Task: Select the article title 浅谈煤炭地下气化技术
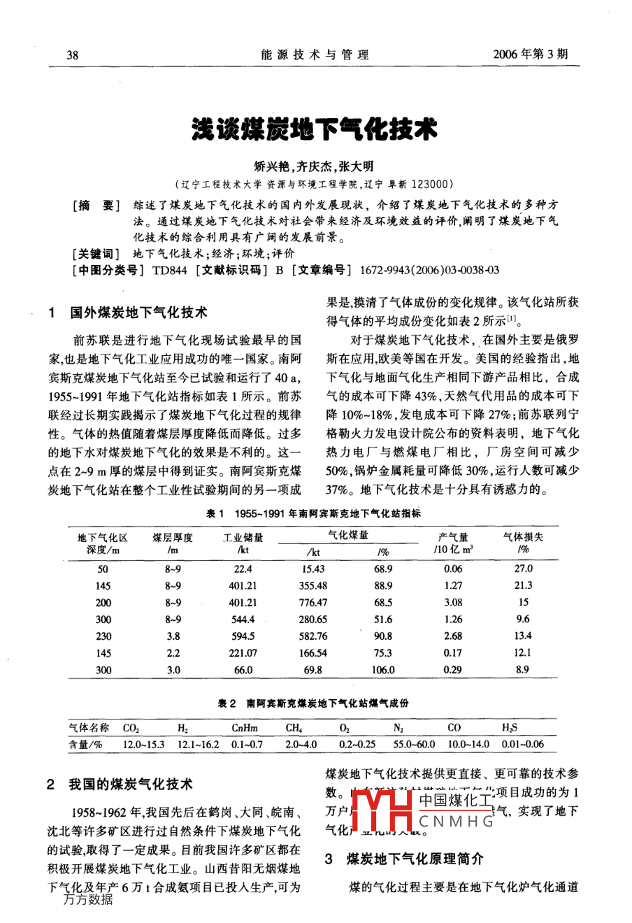(315, 129)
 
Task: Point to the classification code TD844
(169, 270)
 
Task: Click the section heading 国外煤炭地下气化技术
(138, 312)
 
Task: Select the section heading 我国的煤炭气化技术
(130, 784)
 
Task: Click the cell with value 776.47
(313, 602)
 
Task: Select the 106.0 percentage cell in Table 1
(382, 669)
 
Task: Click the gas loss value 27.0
(523, 568)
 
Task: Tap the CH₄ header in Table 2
(294, 728)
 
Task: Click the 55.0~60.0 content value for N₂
(414, 744)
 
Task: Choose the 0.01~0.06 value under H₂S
(522, 744)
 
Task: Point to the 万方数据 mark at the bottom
(88, 900)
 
